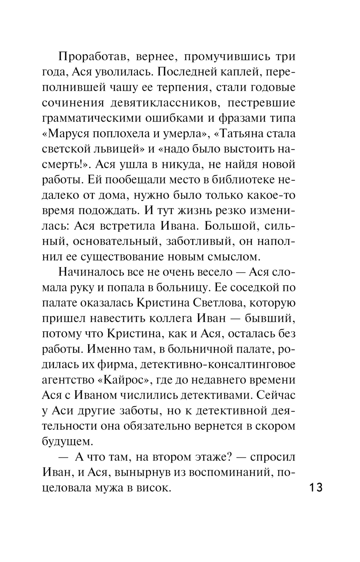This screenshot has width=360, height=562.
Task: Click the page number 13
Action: (x=315, y=488)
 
